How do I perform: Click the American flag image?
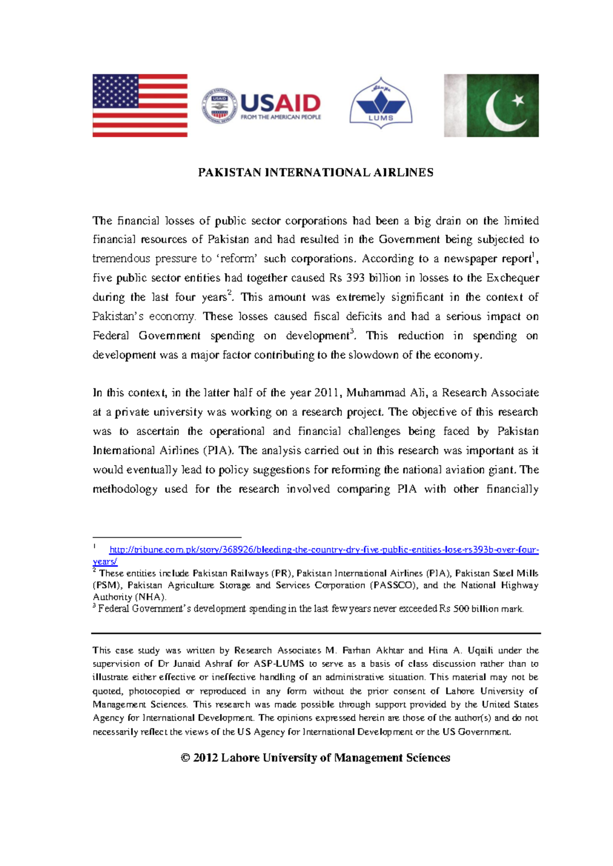tap(139, 105)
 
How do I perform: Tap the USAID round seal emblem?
tap(219, 105)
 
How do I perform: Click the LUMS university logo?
tap(381, 104)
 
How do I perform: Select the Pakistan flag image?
tap(491, 105)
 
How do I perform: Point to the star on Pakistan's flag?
tap(518, 100)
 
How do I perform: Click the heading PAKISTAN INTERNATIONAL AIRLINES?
tap(315, 173)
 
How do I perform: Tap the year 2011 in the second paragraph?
tap(326, 393)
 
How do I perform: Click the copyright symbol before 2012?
tap(185, 758)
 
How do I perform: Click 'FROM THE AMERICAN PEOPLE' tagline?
tap(280, 117)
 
